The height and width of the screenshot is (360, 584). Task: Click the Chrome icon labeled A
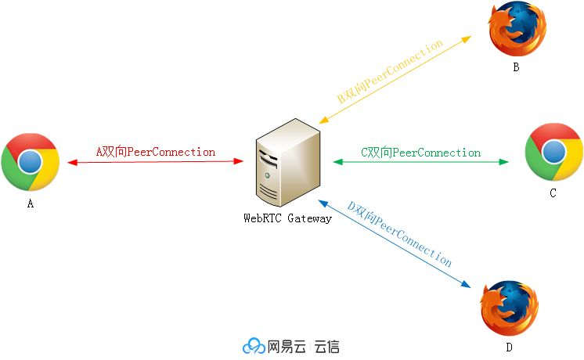(31, 162)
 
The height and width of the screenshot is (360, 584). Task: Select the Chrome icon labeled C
(553, 152)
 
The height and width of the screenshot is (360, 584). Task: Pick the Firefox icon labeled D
(509, 308)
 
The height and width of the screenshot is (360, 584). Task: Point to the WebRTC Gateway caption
(287, 218)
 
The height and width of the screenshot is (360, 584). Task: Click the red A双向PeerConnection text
(155, 152)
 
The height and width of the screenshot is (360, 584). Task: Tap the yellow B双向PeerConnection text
(391, 72)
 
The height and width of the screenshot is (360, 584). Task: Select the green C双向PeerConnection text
(420, 153)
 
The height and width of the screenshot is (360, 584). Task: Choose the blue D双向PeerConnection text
(400, 233)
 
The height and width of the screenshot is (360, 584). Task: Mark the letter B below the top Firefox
(516, 67)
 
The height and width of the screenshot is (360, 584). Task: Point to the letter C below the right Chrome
(553, 193)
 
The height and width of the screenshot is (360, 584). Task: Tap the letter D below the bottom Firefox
(509, 347)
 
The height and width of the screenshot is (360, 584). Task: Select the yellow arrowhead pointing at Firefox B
(467, 38)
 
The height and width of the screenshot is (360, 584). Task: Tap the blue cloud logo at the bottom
(254, 346)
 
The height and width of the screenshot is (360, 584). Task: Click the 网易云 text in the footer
(287, 346)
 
